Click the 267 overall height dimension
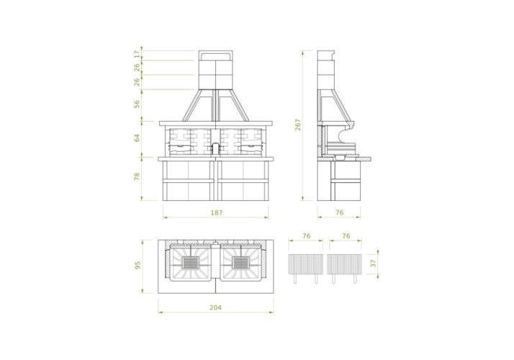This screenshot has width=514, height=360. (297, 125)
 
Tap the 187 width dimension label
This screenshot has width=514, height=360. (217, 213)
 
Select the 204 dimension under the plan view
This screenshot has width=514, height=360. (215, 307)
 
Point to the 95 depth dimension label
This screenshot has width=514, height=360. (138, 265)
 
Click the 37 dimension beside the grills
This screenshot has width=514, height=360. (373, 263)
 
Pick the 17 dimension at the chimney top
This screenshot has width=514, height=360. (137, 55)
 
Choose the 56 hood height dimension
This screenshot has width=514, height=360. (137, 104)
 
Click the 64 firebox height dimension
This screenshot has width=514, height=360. (137, 138)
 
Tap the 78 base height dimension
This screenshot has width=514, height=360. (137, 176)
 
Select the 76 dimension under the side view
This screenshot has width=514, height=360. (340, 212)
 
